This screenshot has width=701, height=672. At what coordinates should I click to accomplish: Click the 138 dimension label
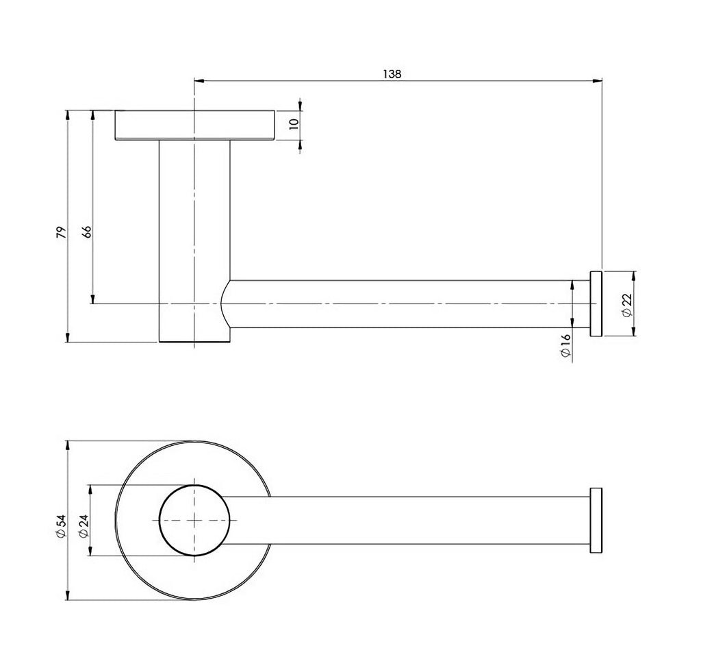392,74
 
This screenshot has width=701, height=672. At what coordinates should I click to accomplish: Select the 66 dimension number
87,232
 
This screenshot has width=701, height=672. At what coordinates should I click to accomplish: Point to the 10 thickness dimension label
294,124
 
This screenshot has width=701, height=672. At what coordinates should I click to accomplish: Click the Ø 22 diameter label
627,305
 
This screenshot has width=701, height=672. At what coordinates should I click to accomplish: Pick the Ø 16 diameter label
565,345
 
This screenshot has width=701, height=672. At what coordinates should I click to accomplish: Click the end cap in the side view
596,303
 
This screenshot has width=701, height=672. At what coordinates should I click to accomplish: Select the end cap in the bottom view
596,521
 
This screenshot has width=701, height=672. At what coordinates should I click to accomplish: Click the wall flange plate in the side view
194,125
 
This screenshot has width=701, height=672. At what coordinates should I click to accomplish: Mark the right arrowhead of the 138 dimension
597,81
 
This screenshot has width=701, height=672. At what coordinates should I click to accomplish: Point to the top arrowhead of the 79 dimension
68,115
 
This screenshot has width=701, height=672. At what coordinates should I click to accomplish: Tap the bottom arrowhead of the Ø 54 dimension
68,595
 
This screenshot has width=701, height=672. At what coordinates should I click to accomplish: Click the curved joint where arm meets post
224,303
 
